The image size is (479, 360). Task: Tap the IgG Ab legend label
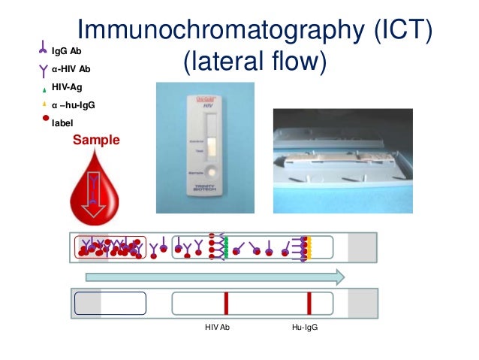tap(68, 51)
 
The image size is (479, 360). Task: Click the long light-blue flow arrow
tap(215, 277)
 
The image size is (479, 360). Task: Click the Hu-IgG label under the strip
tap(304, 328)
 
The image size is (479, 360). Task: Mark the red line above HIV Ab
tap(225, 302)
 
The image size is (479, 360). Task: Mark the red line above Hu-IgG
tap(309, 302)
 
